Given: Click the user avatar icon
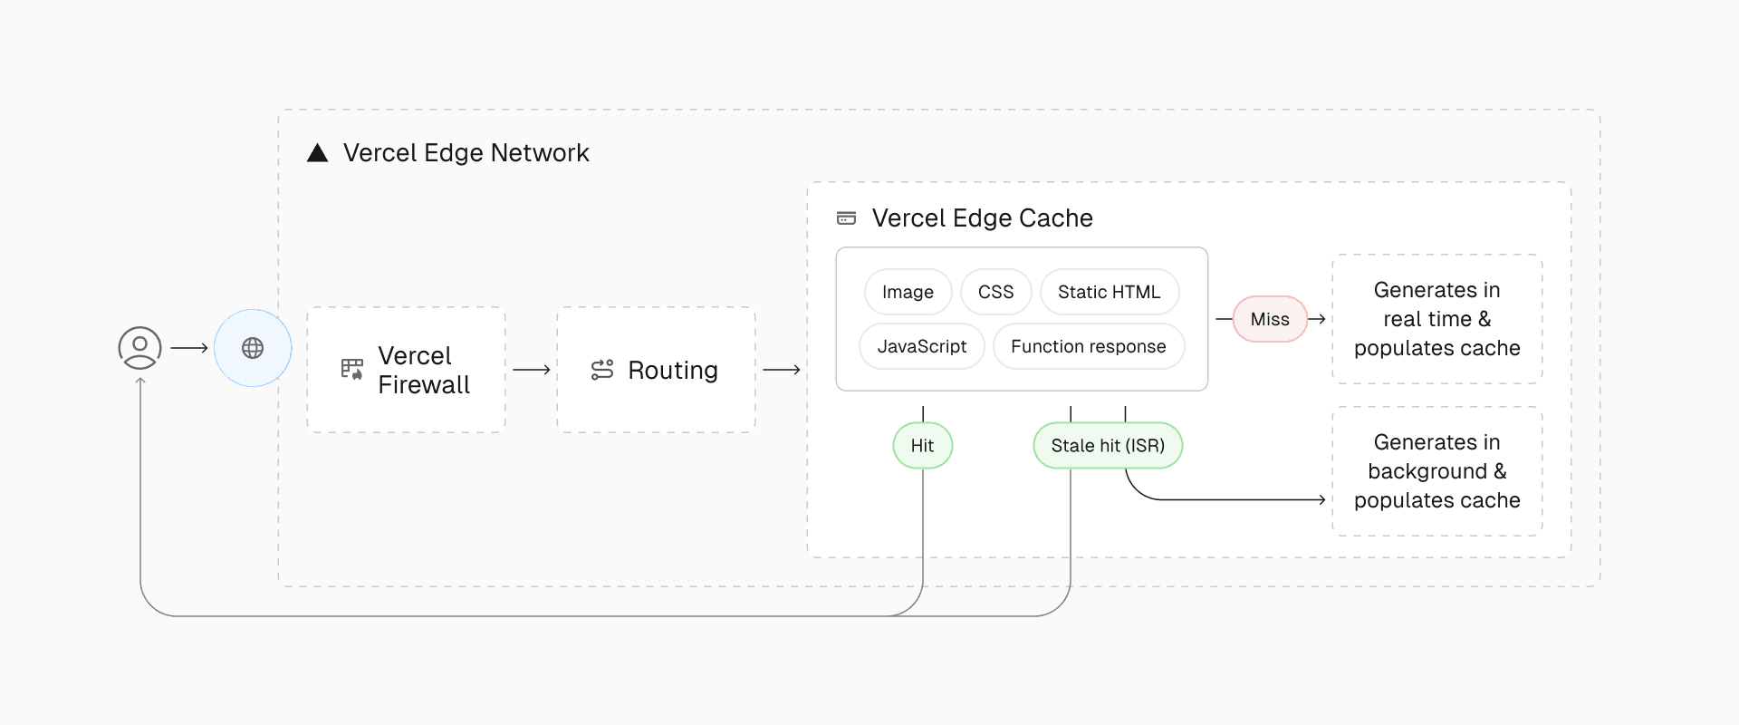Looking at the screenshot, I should point(140,348).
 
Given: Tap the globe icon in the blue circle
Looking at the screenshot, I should point(253,348).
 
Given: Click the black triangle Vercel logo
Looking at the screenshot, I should point(317,153).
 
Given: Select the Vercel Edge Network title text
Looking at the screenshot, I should point(466,153).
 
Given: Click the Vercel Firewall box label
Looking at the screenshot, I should point(423,370).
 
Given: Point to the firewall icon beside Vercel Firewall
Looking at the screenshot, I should point(351,369).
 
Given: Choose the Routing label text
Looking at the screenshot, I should point(672,370).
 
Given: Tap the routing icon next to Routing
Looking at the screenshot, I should point(602,370).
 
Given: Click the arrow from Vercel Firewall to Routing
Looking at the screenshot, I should point(532,370).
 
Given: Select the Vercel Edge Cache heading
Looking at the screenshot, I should point(982,218).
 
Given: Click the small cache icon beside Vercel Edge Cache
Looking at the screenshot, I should point(846,218).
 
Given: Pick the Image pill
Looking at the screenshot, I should point(908,292).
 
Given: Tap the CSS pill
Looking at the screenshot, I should point(995,292).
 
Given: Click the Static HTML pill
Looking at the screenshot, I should point(1109,292).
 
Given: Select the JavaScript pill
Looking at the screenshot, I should point(921,346).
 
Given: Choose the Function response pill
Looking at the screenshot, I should point(1088,346).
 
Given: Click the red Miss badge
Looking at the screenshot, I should point(1269,319).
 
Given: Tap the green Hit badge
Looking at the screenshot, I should point(922,445).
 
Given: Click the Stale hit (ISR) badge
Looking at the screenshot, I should point(1108,445).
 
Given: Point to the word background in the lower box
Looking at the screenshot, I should point(1427,471).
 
